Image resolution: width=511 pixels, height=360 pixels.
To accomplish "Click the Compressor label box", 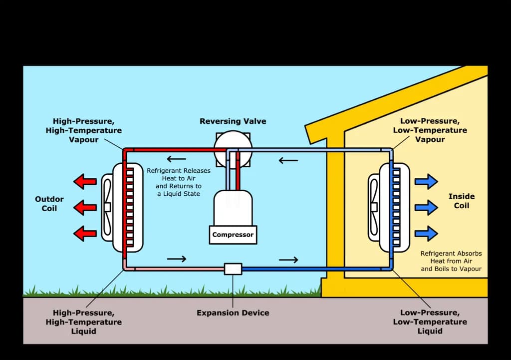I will (233, 235).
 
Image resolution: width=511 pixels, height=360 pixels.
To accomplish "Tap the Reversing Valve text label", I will (233, 121).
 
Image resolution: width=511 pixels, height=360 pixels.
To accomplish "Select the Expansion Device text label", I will (233, 313).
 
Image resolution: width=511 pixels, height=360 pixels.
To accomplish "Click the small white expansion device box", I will (233, 269).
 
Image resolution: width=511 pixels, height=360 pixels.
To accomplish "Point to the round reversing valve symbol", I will (233, 148).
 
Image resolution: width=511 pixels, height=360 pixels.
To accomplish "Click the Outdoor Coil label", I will (49, 204).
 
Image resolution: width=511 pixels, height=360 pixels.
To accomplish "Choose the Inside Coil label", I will (462, 201).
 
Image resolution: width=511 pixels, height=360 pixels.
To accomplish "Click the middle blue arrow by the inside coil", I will (426, 207).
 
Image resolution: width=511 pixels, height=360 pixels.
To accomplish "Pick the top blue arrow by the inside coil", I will (426, 181).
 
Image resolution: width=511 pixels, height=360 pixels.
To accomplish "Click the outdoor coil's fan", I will (107, 206).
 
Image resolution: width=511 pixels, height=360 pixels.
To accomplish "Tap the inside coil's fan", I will (374, 206).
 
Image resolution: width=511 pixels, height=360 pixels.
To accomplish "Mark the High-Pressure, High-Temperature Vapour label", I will (88, 130).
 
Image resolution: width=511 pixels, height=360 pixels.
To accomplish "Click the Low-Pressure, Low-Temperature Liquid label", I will (430, 322).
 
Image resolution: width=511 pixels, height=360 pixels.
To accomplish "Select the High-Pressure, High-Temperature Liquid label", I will (83, 322).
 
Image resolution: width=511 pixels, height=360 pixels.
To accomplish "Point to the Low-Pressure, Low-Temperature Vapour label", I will (430, 130).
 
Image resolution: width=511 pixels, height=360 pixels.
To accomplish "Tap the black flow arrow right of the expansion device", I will (288, 260).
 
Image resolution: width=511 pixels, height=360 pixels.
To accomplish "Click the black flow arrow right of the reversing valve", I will (288, 161).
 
